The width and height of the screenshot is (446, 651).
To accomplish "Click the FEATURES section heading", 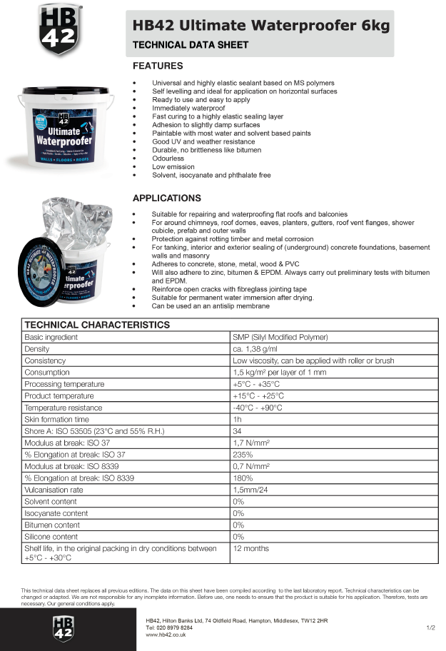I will click(158, 66).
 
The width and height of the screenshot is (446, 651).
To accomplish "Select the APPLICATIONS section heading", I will click(167, 198).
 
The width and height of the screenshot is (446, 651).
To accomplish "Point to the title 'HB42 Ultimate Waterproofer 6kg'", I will click(261, 26).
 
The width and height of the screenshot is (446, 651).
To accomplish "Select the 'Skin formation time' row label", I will click(56, 419).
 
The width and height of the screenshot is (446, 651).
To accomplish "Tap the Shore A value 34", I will click(237, 431).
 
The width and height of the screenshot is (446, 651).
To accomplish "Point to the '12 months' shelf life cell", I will click(251, 548).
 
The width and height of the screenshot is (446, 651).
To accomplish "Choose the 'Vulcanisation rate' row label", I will click(54, 490).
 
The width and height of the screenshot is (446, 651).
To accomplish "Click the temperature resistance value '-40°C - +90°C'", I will click(258, 408).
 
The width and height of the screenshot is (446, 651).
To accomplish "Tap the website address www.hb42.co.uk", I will click(166, 634).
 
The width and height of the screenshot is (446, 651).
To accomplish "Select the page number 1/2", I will click(430, 627).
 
